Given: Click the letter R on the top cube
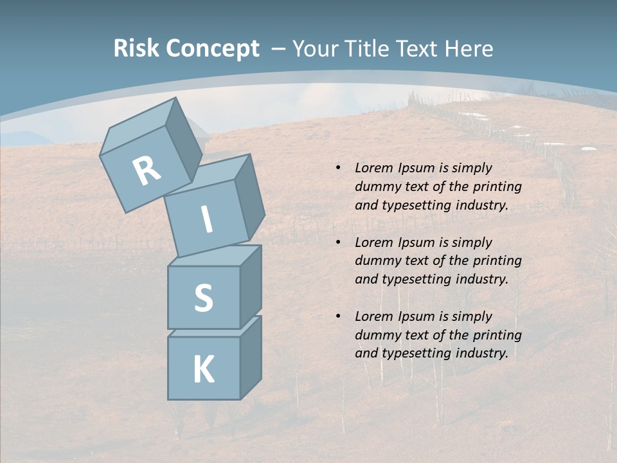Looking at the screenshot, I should pyautogui.click(x=147, y=170).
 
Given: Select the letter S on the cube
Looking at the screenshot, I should pyautogui.click(x=203, y=298).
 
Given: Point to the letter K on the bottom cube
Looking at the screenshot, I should pyautogui.click(x=203, y=370).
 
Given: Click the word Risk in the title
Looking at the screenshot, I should pyautogui.click(x=136, y=49).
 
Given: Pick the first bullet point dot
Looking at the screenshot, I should pyautogui.click(x=338, y=168).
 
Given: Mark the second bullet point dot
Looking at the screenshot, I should pyautogui.click(x=338, y=242).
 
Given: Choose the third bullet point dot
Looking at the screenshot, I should pyautogui.click(x=338, y=316).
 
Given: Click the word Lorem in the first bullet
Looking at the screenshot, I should pyautogui.click(x=373, y=168).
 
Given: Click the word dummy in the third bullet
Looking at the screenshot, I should pyautogui.click(x=377, y=335).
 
